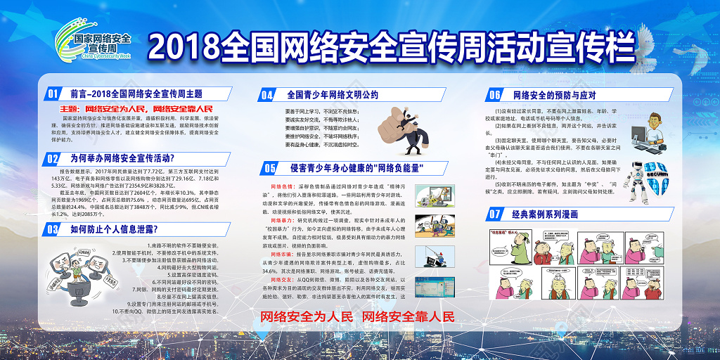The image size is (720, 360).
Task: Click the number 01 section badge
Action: click(53, 94)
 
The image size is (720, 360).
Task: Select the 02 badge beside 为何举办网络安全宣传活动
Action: click(53, 159)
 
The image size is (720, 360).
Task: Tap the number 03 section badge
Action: click(53, 229)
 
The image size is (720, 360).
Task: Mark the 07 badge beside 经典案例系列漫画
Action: click(495, 213)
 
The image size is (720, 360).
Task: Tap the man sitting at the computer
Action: click(650, 131)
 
